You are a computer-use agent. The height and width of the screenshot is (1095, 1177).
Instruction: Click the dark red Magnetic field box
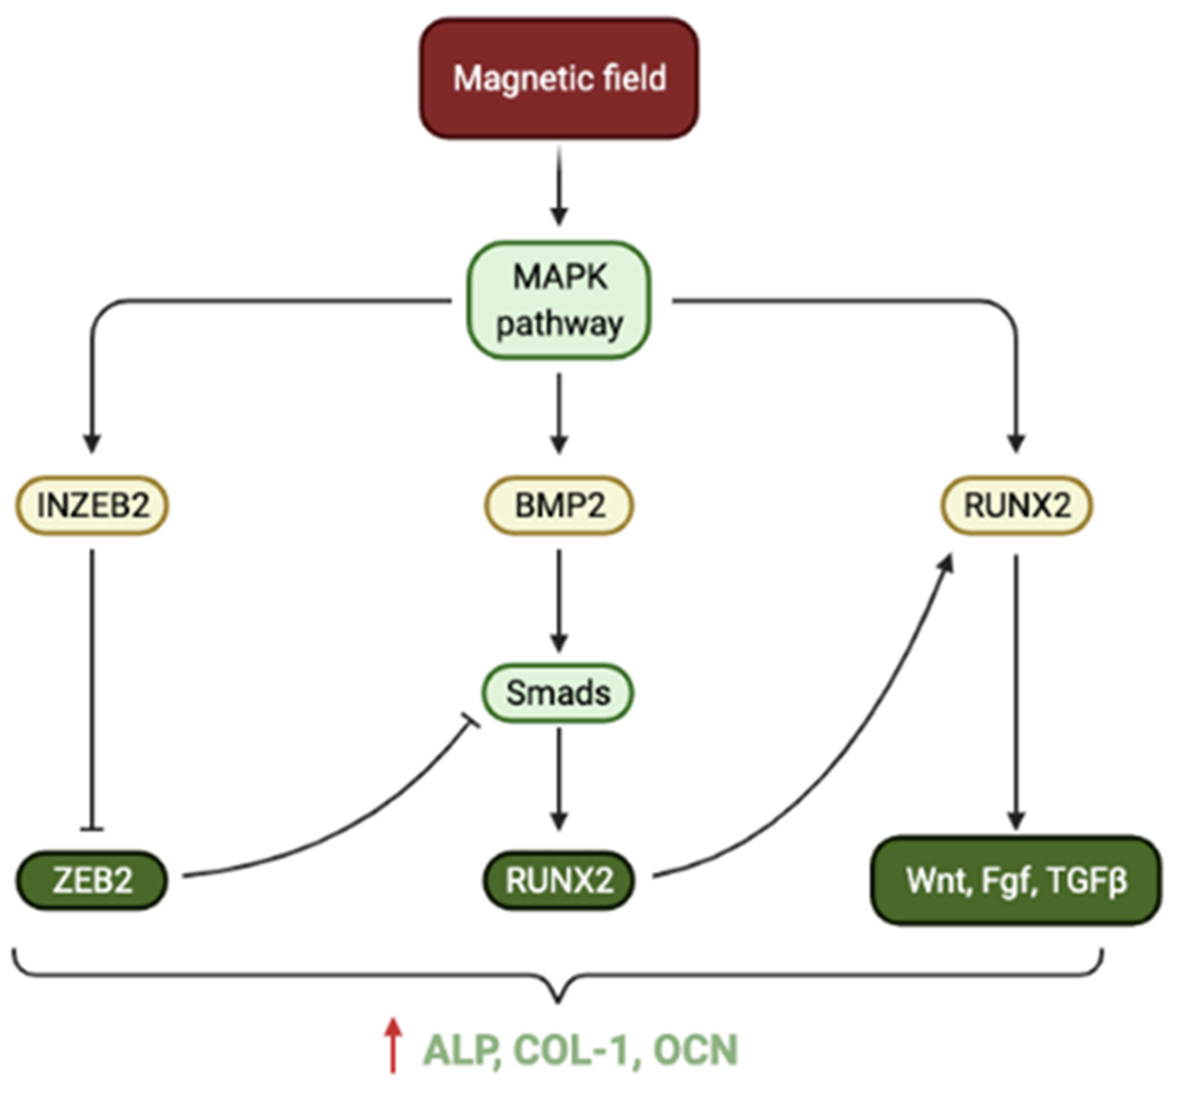[x=559, y=78]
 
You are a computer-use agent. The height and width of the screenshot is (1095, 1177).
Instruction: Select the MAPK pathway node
[x=559, y=300]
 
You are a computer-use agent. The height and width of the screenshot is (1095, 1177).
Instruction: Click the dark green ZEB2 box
[x=92, y=880]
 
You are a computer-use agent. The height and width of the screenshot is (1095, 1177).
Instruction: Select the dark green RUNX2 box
[x=559, y=880]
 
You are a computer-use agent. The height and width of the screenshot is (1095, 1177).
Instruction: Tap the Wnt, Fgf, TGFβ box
[x=1016, y=880]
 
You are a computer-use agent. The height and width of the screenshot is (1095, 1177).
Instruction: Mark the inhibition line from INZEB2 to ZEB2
[x=92, y=687]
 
